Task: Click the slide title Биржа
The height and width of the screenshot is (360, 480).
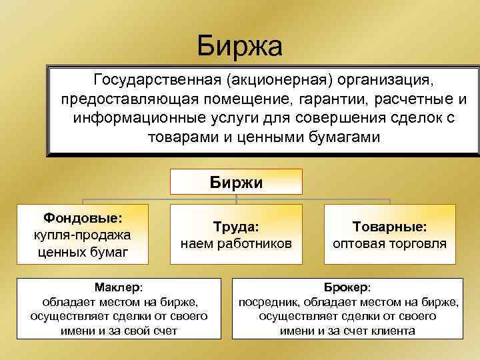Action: pos(240,46)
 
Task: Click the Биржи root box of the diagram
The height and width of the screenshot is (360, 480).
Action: pos(236,181)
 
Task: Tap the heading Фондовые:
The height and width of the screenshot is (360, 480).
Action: pos(83,219)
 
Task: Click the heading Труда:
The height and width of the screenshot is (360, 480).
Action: pos(236,227)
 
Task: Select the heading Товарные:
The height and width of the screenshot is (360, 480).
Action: pos(390,227)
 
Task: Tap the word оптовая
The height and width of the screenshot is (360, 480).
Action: pos(360,243)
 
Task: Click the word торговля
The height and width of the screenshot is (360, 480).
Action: pos(419,243)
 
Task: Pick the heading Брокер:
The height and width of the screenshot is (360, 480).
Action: pos(347,287)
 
